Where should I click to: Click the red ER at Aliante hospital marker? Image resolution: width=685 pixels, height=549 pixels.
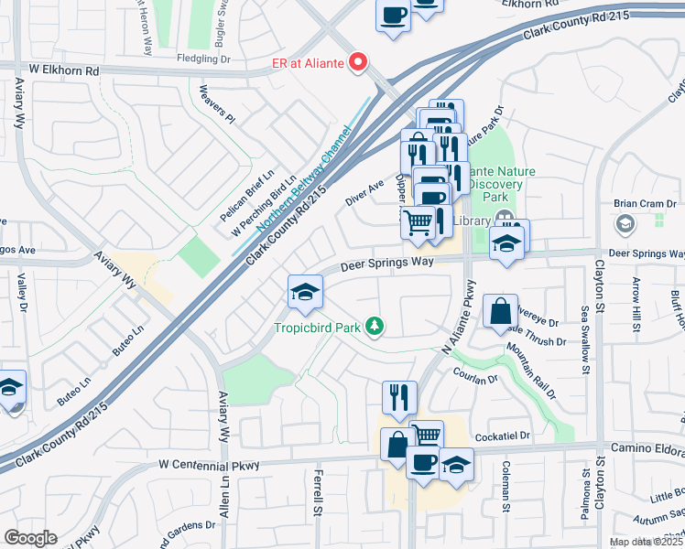pyautogui.click(x=358, y=62)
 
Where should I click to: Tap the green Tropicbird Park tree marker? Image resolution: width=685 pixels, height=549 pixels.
pyautogui.click(x=374, y=327)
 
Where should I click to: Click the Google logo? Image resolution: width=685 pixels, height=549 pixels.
pyautogui.click(x=30, y=538)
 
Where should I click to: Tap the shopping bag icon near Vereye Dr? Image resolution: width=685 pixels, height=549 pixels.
pyautogui.click(x=501, y=312)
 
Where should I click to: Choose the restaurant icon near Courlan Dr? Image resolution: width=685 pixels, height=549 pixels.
pyautogui.click(x=400, y=397)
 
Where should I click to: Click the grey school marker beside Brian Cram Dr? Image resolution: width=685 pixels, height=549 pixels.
pyautogui.click(x=625, y=224)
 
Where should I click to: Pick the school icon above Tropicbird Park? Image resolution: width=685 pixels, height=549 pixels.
pyautogui.click(x=305, y=293)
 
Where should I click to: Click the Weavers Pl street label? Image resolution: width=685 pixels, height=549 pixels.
pyautogui.click(x=218, y=104)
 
